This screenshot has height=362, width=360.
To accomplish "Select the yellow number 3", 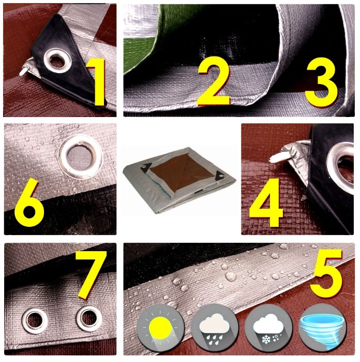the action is pyautogui.click(x=321, y=82).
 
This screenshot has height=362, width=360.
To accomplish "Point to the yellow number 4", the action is pyautogui.click(x=266, y=202).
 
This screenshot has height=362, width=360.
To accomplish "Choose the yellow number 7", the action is pyautogui.click(x=91, y=274).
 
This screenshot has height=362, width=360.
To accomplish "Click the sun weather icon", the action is pyautogui.click(x=160, y=328).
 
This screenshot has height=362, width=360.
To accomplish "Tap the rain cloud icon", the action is pyautogui.click(x=215, y=328).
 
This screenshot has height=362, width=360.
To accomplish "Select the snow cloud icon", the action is pyautogui.click(x=268, y=328).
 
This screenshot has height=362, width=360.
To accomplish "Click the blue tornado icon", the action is pyautogui.click(x=322, y=328).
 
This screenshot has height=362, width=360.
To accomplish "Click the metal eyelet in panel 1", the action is pyautogui.click(x=57, y=61).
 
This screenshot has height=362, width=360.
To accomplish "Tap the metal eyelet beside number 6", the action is pyautogui.click(x=81, y=157).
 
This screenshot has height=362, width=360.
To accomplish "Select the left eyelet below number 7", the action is pyautogui.click(x=35, y=321).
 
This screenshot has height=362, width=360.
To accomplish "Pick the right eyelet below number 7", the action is pyautogui.click(x=89, y=318).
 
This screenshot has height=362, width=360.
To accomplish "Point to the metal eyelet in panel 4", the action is pyautogui.click(x=341, y=168).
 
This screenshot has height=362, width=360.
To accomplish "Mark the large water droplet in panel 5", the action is pyautogui.click(x=231, y=277).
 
